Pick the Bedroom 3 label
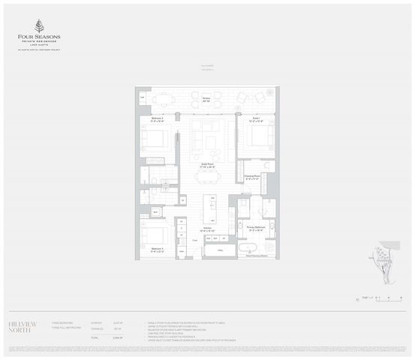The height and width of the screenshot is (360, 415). pos(156,248)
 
